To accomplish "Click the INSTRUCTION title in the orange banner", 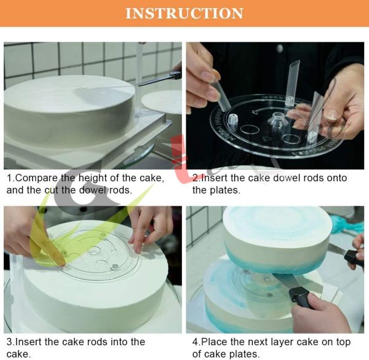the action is [184, 13].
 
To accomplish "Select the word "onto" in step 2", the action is [336, 178].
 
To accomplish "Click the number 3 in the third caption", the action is [9, 342].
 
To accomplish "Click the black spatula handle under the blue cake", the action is [300, 297].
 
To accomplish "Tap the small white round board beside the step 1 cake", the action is [162, 102].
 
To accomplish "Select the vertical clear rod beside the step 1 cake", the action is [138, 80].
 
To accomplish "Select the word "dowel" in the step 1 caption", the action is [93, 190].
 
